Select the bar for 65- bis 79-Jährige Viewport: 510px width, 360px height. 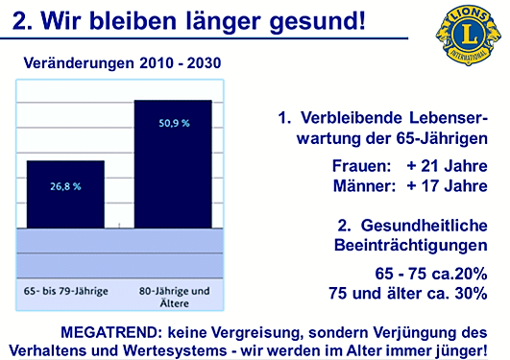65,193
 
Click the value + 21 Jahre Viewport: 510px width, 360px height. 447,165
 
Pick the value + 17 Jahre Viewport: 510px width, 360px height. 447,185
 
